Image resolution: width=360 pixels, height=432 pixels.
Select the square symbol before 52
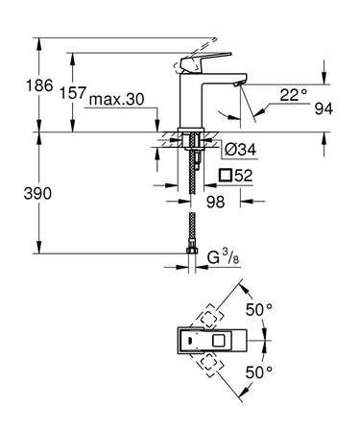pyautogui.click(x=228, y=175)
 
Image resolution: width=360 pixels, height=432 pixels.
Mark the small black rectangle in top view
pyautogui.click(x=190, y=340)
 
